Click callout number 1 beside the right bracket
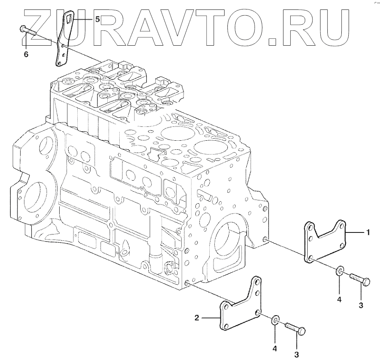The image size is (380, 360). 368,232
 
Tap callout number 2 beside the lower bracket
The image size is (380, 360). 197,318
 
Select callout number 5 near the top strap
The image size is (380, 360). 97,19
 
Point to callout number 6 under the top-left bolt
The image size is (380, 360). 26,54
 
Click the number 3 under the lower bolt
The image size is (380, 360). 297,355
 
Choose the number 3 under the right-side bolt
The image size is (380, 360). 361,305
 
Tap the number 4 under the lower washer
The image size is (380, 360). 275,348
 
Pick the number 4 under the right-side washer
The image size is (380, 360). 339,300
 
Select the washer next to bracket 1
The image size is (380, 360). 339,271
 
